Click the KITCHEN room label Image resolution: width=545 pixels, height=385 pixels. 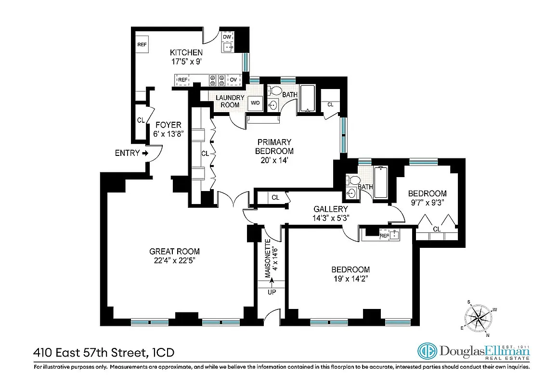pos(186,52)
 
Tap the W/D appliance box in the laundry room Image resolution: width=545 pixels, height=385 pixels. pos(255,103)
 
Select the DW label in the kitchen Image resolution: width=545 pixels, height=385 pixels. pos(227,37)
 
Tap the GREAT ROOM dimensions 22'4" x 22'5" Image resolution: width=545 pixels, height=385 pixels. pos(174,260)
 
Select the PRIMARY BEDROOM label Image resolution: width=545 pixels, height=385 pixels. pos(274,146)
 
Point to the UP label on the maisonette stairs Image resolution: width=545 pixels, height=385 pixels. pos(272,292)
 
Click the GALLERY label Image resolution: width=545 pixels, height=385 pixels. pos(330,209)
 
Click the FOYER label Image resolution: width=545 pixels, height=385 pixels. pos(168,125)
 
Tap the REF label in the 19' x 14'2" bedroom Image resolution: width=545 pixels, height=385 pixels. pos(384,236)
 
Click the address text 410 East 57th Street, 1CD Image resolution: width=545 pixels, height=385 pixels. pos(104,353)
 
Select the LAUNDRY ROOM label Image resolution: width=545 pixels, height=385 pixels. pos(230,101)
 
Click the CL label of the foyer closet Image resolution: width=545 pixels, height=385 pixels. pos(141,120)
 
